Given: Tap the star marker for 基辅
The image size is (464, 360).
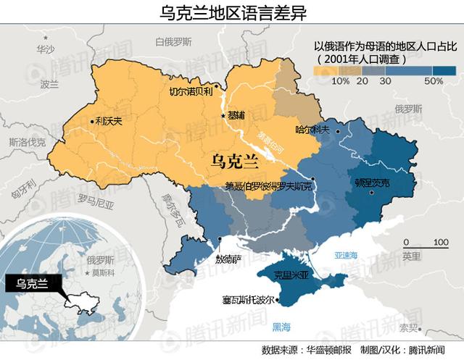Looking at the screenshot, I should [223, 116].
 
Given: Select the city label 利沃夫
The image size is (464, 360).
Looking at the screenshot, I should [108, 122].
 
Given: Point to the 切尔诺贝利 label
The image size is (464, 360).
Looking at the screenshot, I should [190, 92].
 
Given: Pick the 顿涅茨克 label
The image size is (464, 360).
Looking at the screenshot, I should [372, 183].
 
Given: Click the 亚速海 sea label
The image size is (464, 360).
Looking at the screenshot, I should [347, 255].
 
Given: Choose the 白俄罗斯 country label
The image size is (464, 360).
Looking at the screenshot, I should [173, 42].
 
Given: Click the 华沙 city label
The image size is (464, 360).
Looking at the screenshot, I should [45, 49].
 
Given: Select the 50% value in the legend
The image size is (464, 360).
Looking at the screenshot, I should [434, 81].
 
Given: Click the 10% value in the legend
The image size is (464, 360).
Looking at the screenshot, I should [340, 81].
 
